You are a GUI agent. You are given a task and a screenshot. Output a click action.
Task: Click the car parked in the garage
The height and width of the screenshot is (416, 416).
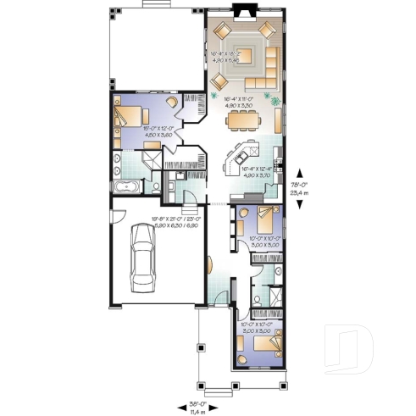tap(143, 260)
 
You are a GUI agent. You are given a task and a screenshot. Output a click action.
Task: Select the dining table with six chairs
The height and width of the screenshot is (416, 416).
tap(243, 119)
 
